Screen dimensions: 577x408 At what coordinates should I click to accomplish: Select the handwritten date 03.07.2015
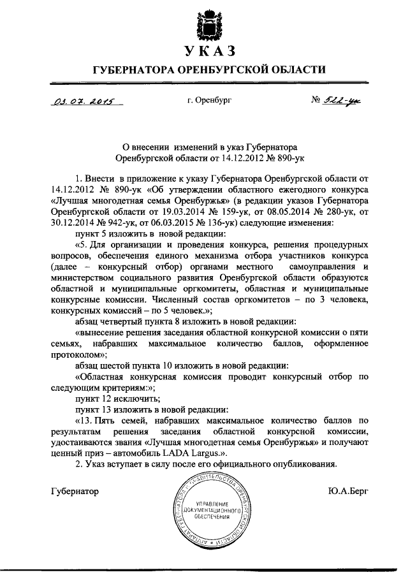coord(78,101)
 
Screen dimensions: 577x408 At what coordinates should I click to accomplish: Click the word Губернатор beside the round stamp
coord(75,490)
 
